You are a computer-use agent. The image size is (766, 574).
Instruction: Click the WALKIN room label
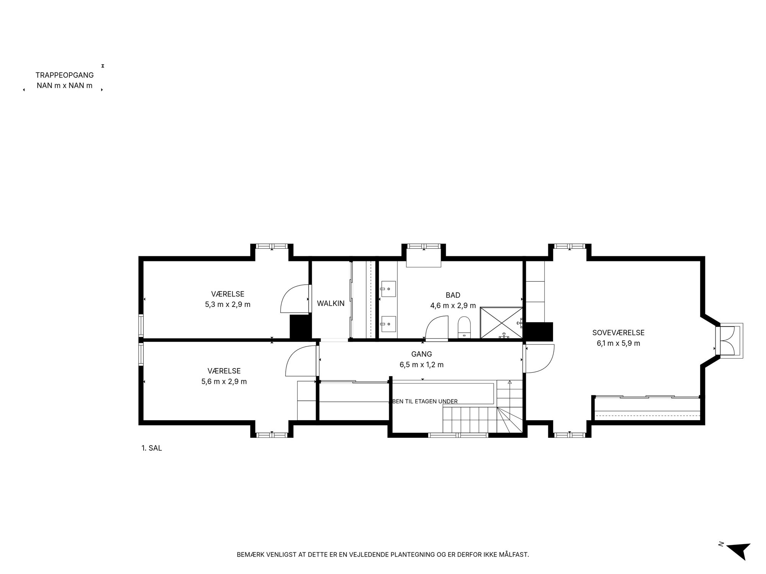click(x=331, y=303)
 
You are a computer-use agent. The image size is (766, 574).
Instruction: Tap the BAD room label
click(x=453, y=295)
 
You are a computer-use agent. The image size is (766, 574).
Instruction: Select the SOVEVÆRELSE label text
click(x=618, y=333)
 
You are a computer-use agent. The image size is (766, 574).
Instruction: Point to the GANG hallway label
click(x=421, y=354)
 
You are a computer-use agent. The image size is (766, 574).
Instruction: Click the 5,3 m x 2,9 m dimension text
click(x=228, y=305)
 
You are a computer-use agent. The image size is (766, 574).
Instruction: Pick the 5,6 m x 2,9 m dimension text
click(x=224, y=382)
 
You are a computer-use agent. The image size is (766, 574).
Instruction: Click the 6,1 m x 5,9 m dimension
click(x=618, y=343)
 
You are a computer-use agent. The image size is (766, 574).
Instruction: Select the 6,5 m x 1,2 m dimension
click(x=421, y=365)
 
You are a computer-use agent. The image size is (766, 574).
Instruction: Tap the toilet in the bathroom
click(x=464, y=328)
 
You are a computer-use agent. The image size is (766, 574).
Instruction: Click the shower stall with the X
click(x=501, y=323)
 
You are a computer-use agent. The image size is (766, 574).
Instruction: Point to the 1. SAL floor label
click(x=152, y=448)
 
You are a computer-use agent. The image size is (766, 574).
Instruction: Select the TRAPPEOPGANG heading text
click(x=65, y=75)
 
